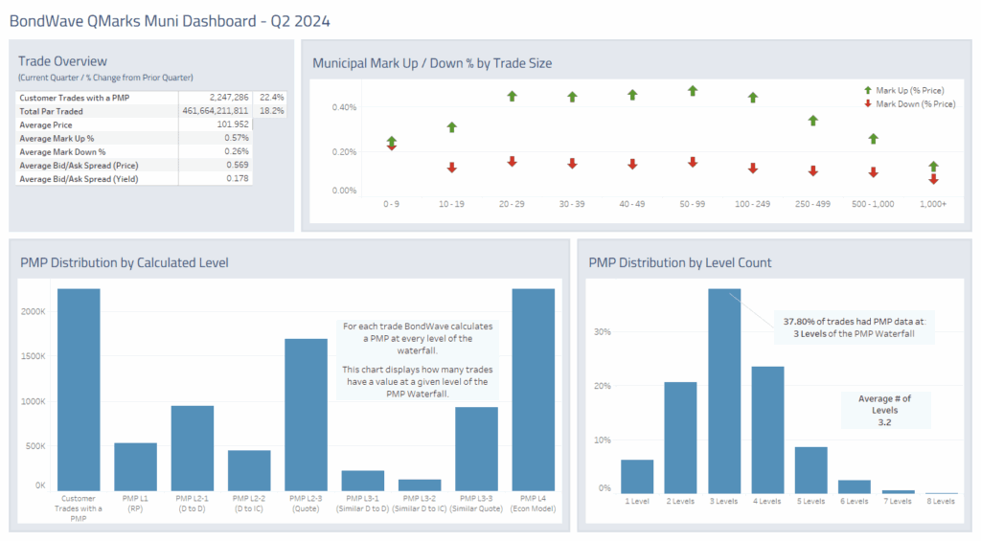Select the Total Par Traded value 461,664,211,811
[208, 111]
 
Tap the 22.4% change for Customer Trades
[272, 98]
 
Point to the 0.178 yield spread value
[236, 178]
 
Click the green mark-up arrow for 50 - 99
[693, 91]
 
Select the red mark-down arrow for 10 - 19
[451, 168]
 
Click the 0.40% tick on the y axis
[344, 107]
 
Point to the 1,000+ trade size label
[932, 204]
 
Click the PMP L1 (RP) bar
[135, 466]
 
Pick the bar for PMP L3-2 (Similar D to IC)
[420, 485]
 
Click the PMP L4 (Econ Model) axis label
[533, 503]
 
